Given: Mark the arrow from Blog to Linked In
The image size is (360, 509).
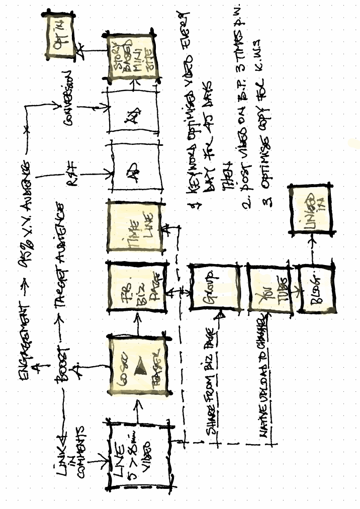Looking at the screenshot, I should point(313,249).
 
